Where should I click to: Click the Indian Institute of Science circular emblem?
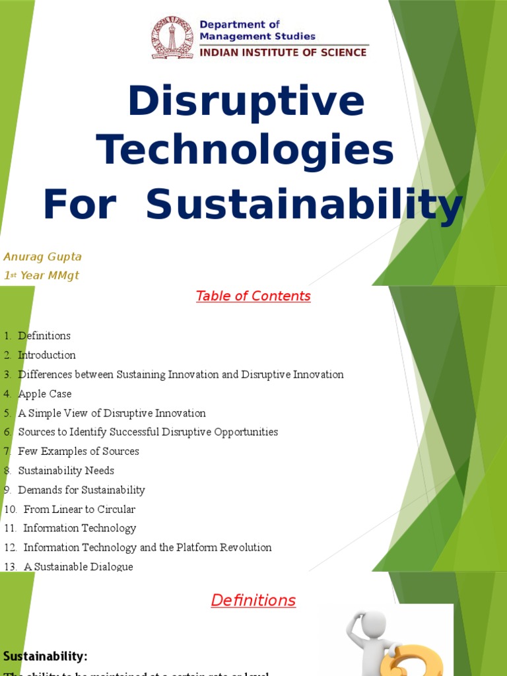(172, 38)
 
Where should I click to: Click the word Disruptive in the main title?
(246, 102)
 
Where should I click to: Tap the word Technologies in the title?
(246, 151)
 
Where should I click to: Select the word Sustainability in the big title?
(304, 205)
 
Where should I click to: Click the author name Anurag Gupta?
(42, 256)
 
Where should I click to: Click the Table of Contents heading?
(253, 296)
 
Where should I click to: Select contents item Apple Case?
(44, 393)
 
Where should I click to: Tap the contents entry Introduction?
(46, 355)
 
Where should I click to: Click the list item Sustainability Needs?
(66, 471)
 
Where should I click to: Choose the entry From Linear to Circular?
(79, 509)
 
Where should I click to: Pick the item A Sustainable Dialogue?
(78, 566)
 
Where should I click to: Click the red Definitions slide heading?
(253, 600)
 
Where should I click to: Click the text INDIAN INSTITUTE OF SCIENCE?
(283, 52)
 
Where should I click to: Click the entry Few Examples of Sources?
(79, 452)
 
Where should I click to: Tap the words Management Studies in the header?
(257, 36)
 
